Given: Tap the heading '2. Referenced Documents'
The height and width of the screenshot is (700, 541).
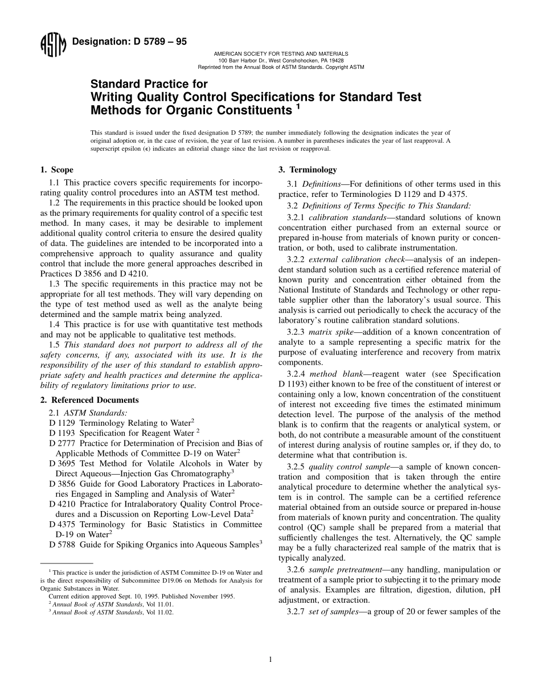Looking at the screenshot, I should pyautogui.click(x=89, y=400).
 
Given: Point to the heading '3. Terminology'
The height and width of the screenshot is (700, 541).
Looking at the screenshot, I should pyautogui.click(x=307, y=170).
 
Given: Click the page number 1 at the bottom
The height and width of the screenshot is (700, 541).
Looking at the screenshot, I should pyautogui.click(x=270, y=660).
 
